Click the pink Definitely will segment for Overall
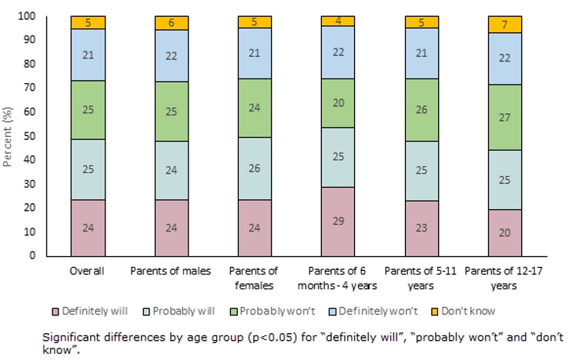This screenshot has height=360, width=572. click(88, 228)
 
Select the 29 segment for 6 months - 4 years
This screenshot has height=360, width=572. click(339, 221)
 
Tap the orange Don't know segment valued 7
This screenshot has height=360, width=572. click(506, 25)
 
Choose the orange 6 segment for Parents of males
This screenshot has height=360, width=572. click(172, 23)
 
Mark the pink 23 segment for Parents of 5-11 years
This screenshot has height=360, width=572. click(423, 228)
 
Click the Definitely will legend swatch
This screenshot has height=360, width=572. click(102, 311)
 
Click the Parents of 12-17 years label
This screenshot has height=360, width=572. click(506, 277)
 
